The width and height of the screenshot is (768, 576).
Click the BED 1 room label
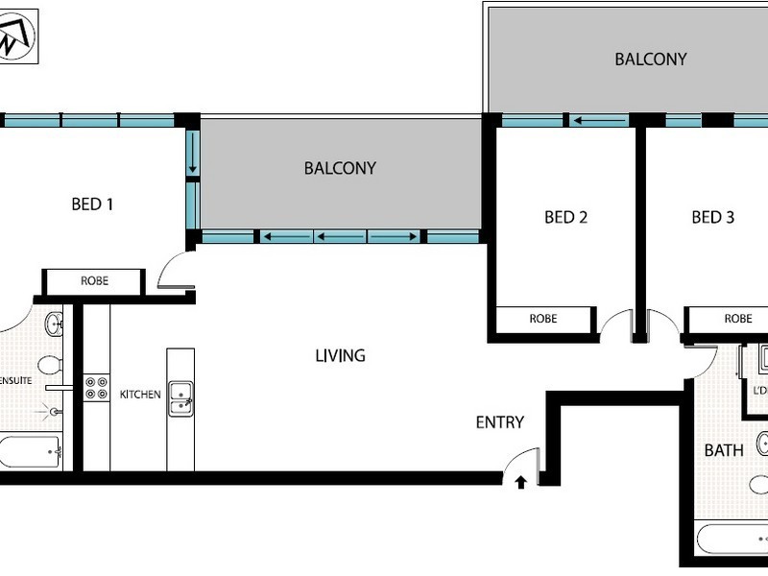(93, 204)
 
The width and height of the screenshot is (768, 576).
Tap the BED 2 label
(565, 217)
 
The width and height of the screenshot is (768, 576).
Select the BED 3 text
(712, 217)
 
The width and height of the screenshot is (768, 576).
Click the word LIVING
(340, 355)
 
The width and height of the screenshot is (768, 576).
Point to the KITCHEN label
(140, 395)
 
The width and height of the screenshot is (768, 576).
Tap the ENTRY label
(499, 421)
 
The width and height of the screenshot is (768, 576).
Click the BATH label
(723, 449)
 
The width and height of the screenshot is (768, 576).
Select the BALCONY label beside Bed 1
(340, 168)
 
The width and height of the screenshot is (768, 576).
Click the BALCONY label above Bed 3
(650, 59)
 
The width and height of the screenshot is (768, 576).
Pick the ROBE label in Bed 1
(93, 281)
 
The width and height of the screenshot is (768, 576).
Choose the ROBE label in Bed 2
(542, 319)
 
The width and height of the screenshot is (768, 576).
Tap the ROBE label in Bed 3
(737, 319)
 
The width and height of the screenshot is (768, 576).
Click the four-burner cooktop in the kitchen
(96, 387)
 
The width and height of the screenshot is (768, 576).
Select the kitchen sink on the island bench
(180, 398)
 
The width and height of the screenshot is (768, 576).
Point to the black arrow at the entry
(520, 482)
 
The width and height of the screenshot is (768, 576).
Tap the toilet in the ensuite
(51, 366)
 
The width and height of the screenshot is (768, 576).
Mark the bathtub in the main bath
(732, 539)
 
